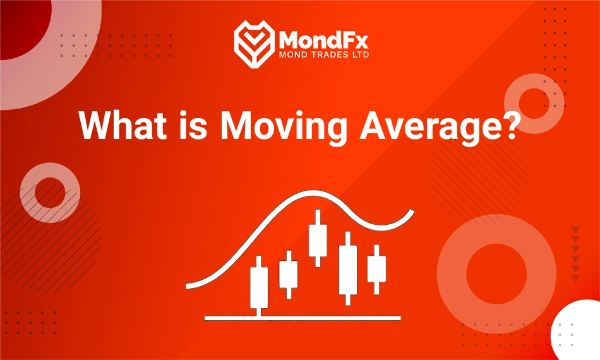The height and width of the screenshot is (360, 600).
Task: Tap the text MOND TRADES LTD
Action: tap(323, 55)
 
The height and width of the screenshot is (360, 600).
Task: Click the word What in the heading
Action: tap(120, 126)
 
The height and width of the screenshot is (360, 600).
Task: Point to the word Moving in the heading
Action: tap(283, 126)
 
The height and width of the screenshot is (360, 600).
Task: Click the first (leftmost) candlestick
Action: tap(259, 287)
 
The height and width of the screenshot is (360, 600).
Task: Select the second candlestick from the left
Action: tap(288, 274)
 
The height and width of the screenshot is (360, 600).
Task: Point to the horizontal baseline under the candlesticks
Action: tap(303, 316)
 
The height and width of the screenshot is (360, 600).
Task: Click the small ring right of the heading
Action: tap(534, 104)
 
